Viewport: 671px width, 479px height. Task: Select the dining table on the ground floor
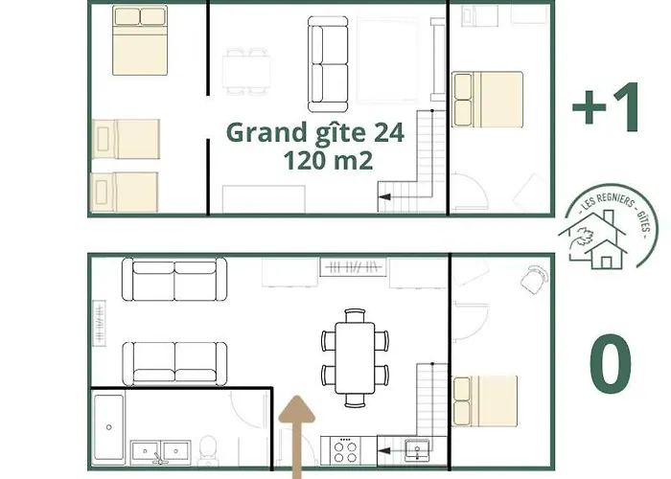(355, 356)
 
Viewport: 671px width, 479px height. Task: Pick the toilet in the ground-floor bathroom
(209, 447)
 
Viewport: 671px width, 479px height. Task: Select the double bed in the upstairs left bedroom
(140, 40)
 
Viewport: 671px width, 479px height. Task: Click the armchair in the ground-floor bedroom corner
(534, 278)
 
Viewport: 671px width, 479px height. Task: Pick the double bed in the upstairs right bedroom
(488, 99)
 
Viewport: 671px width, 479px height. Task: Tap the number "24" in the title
(385, 133)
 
